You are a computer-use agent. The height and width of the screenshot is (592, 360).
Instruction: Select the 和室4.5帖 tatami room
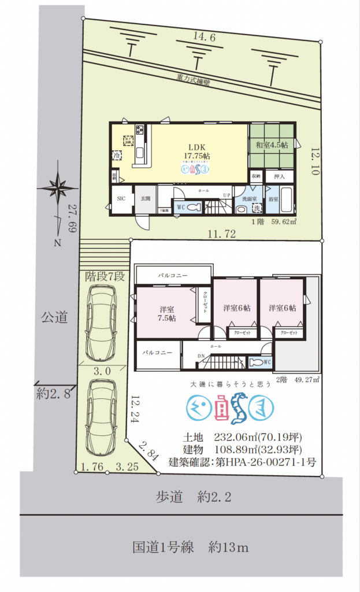272,145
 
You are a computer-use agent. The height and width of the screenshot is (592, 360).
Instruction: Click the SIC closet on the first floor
121,198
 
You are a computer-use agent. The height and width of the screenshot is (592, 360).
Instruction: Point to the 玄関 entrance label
144,198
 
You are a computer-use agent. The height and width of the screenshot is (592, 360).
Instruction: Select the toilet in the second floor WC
258,362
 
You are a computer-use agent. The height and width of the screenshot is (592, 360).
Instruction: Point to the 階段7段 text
105,276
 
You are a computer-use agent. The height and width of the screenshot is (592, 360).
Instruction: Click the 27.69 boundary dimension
72,219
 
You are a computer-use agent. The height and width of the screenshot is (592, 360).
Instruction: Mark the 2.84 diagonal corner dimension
149,451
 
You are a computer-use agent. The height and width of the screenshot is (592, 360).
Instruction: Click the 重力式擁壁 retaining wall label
193,80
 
